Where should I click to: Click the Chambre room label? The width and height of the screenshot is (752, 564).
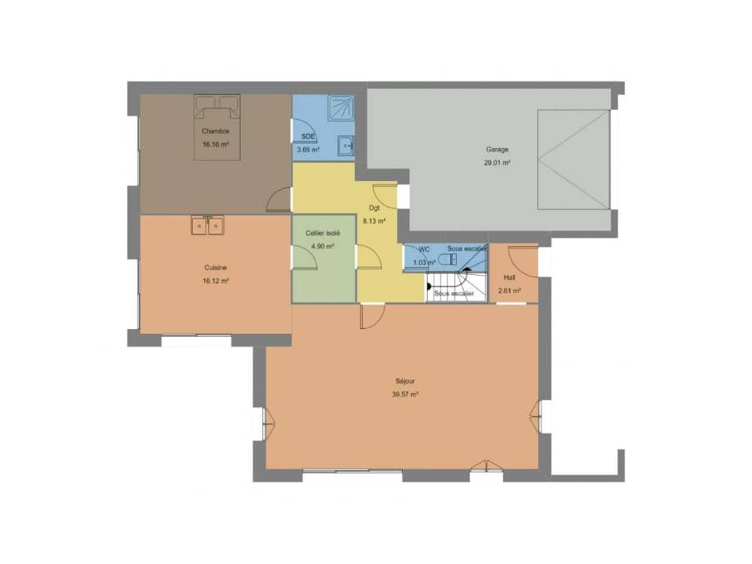click(215, 131)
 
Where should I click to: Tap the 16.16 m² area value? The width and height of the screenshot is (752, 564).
click(215, 145)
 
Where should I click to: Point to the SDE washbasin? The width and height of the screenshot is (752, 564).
click(345, 144)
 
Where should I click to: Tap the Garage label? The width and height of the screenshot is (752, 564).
click(497, 149)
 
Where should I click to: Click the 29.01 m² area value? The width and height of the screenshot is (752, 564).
click(497, 163)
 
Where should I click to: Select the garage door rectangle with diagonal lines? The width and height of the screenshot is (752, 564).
click(573, 160)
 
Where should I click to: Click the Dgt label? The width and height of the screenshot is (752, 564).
click(374, 208)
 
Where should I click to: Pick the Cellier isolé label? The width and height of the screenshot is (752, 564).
click(323, 233)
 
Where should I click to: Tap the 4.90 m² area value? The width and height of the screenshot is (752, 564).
click(322, 246)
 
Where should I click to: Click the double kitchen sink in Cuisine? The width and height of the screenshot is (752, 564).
click(208, 226)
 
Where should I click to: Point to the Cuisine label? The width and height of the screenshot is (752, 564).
click(215, 267)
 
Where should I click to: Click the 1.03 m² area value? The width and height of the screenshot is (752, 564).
click(423, 263)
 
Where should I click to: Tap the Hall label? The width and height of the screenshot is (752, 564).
click(509, 277)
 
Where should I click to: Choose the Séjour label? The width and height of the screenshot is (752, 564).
click(405, 381)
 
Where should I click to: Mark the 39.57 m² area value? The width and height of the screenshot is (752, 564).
click(405, 395)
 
